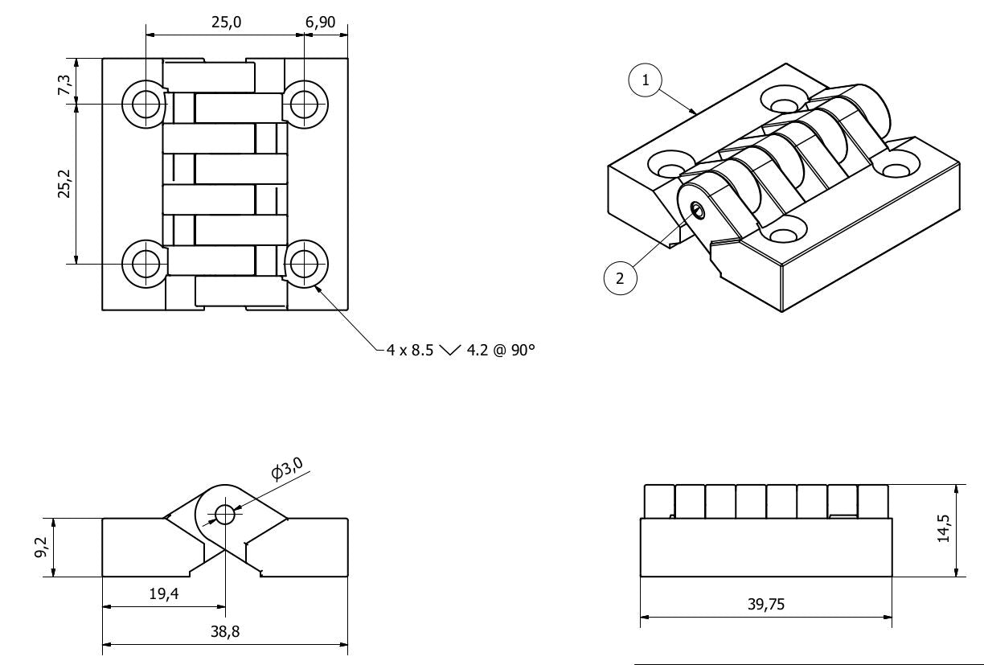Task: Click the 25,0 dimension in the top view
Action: pyautogui.click(x=226, y=23)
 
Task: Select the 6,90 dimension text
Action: pyautogui.click(x=321, y=23)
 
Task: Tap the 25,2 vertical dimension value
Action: pyautogui.click(x=65, y=183)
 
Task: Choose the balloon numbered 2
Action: pyautogui.click(x=620, y=278)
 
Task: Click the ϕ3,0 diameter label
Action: pyautogui.click(x=288, y=469)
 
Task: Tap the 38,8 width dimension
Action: pyautogui.click(x=224, y=632)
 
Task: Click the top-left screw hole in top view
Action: pyautogui.click(x=146, y=104)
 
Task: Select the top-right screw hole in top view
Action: pyautogui.click(x=304, y=104)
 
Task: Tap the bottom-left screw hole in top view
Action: pyautogui.click(x=146, y=263)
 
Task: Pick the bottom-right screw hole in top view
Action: pyautogui.click(x=304, y=263)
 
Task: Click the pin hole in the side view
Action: pyautogui.click(x=225, y=515)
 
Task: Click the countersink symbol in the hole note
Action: pyautogui.click(x=452, y=351)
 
